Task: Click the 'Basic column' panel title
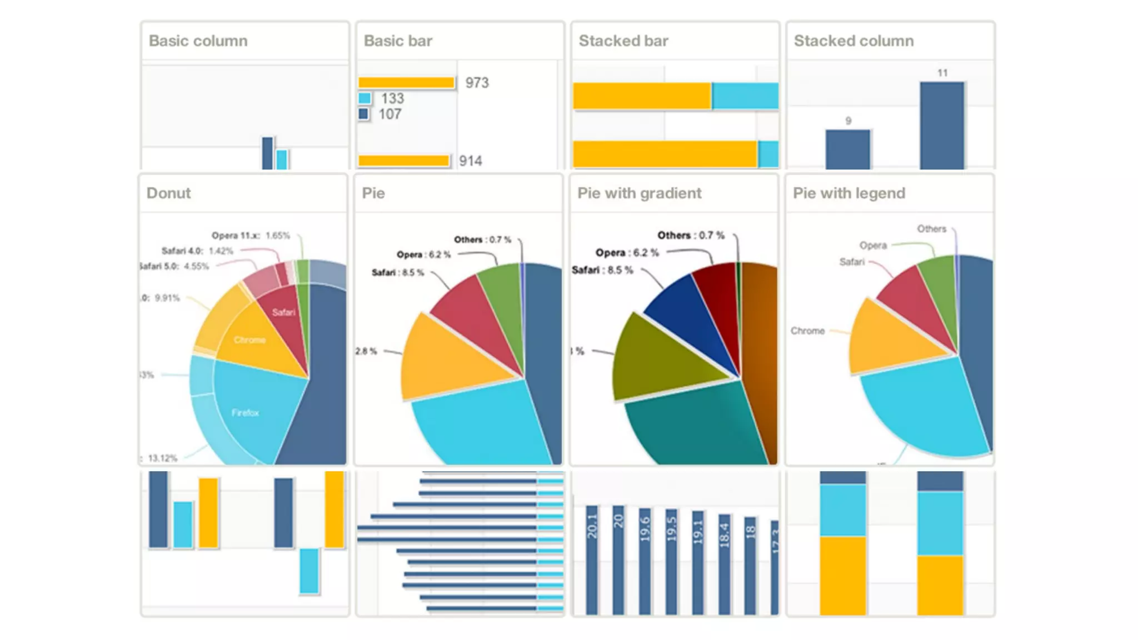(198, 41)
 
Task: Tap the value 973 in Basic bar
(477, 83)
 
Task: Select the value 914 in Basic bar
(470, 161)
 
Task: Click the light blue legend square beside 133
(365, 98)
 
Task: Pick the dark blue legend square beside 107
(363, 114)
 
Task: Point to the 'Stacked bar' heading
(623, 41)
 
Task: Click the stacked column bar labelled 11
(942, 125)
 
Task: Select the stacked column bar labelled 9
(847, 149)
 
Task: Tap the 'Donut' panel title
(168, 193)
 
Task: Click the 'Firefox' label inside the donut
(245, 413)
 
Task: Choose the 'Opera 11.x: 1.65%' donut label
(251, 236)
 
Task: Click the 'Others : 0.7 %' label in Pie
(482, 239)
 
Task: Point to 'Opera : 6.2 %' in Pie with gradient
(627, 253)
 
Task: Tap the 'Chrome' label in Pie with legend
(807, 331)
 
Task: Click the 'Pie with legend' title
(848, 193)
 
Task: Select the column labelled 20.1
(592, 558)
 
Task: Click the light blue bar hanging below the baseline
(309, 571)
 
